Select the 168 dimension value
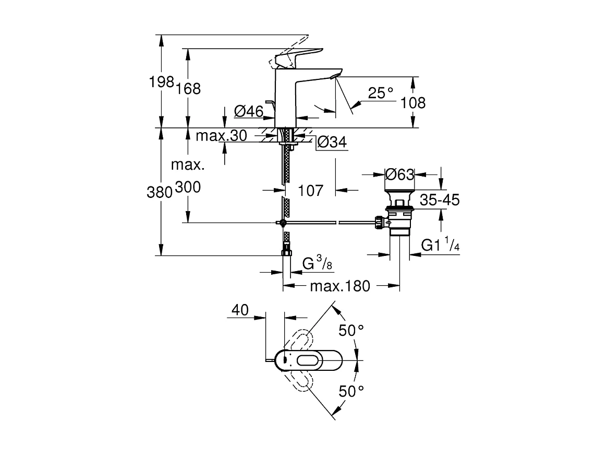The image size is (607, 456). [x=188, y=88]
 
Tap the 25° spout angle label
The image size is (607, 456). [x=381, y=93]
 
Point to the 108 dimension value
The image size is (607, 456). [x=413, y=103]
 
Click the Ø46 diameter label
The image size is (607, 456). [x=247, y=111]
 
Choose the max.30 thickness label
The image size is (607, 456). [x=221, y=136]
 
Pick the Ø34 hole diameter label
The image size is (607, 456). [x=332, y=142]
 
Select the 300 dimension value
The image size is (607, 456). [x=188, y=188]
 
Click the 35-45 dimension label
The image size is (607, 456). [x=440, y=200]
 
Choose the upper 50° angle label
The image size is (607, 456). [x=350, y=330]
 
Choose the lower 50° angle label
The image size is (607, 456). [x=350, y=391]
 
